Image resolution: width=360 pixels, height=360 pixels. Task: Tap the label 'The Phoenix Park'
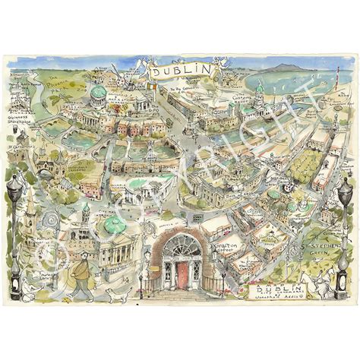point(54,82)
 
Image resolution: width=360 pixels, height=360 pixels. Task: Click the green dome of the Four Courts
point(98,93)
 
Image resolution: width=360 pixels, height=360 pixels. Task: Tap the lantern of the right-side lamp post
point(346,189)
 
